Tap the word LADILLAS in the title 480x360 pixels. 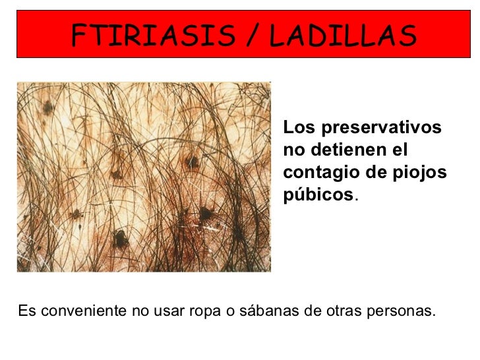(x=342, y=35)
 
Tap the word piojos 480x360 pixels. (x=423, y=172)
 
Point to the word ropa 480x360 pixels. (x=205, y=311)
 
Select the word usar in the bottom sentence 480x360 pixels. (x=167, y=311)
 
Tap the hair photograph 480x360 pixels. (x=144, y=177)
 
